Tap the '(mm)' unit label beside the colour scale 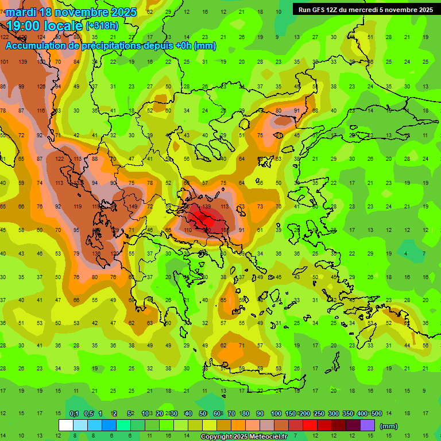coord(389,426)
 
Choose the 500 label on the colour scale coord(376,414)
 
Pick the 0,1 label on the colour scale coord(74,414)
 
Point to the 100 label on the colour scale coord(276,414)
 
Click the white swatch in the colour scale coord(66,425)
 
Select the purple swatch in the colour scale coord(367,425)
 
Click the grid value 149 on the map coord(133,207)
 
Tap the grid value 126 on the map coord(41,87)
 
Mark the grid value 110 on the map coord(187,230)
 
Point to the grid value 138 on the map coord(96,253)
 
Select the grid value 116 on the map coord(41,110)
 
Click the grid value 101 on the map coord(5,61)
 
